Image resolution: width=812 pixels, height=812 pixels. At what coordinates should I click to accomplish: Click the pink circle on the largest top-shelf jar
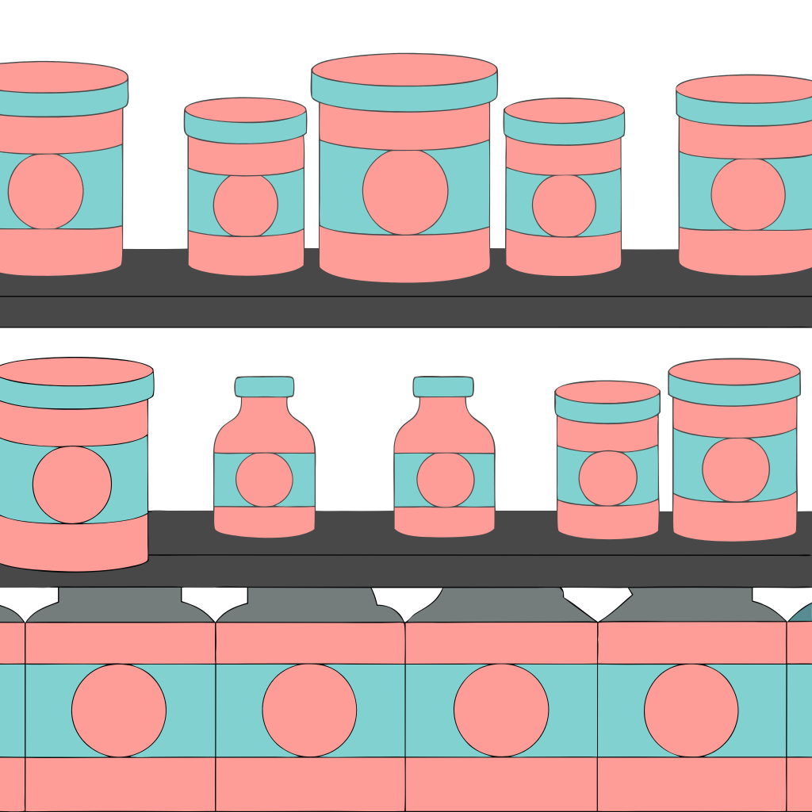tap(405, 191)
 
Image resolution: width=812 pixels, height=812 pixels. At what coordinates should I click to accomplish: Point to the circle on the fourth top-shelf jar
tap(564, 205)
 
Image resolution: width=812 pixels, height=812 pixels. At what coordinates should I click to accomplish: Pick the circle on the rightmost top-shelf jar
tap(748, 194)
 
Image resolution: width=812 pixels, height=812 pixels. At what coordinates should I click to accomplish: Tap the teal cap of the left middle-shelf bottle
tap(264, 386)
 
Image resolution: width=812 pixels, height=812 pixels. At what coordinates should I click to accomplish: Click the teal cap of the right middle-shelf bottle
tap(443, 386)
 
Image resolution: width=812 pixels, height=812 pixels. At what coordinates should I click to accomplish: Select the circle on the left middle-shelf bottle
tap(264, 480)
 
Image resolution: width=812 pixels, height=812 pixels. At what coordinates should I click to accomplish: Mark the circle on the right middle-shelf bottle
tap(445, 480)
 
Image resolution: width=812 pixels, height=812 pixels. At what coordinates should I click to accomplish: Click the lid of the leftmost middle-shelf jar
tap(75, 381)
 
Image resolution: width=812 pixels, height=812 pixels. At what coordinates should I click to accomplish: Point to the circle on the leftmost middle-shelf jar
tap(72, 484)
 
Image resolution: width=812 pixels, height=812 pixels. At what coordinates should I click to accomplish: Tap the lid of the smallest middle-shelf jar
tap(607, 400)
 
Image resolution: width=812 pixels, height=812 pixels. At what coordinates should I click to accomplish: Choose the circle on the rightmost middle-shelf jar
tap(736, 469)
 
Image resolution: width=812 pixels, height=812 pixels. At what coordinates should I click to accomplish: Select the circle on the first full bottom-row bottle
tap(119, 710)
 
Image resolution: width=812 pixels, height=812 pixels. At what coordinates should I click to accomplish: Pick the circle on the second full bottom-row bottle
tap(309, 710)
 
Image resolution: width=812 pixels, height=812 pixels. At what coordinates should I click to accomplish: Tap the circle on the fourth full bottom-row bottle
tap(691, 710)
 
